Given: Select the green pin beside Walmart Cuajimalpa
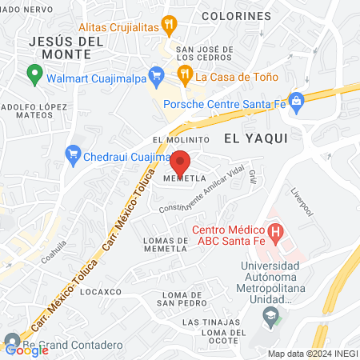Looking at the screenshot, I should coord(34,75).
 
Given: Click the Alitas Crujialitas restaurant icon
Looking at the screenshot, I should coord(169,25).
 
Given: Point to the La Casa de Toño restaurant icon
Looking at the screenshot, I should coord(185,77).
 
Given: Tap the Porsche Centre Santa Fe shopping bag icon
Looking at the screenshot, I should coord(297,102).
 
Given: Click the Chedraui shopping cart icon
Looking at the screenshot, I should coord(74,152).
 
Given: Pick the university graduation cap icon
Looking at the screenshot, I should coord(270,315).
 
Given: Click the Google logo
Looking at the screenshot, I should coord(26,350).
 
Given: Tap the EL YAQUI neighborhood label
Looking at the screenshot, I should coord(255,138).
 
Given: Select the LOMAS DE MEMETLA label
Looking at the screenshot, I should coord(164,244).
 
